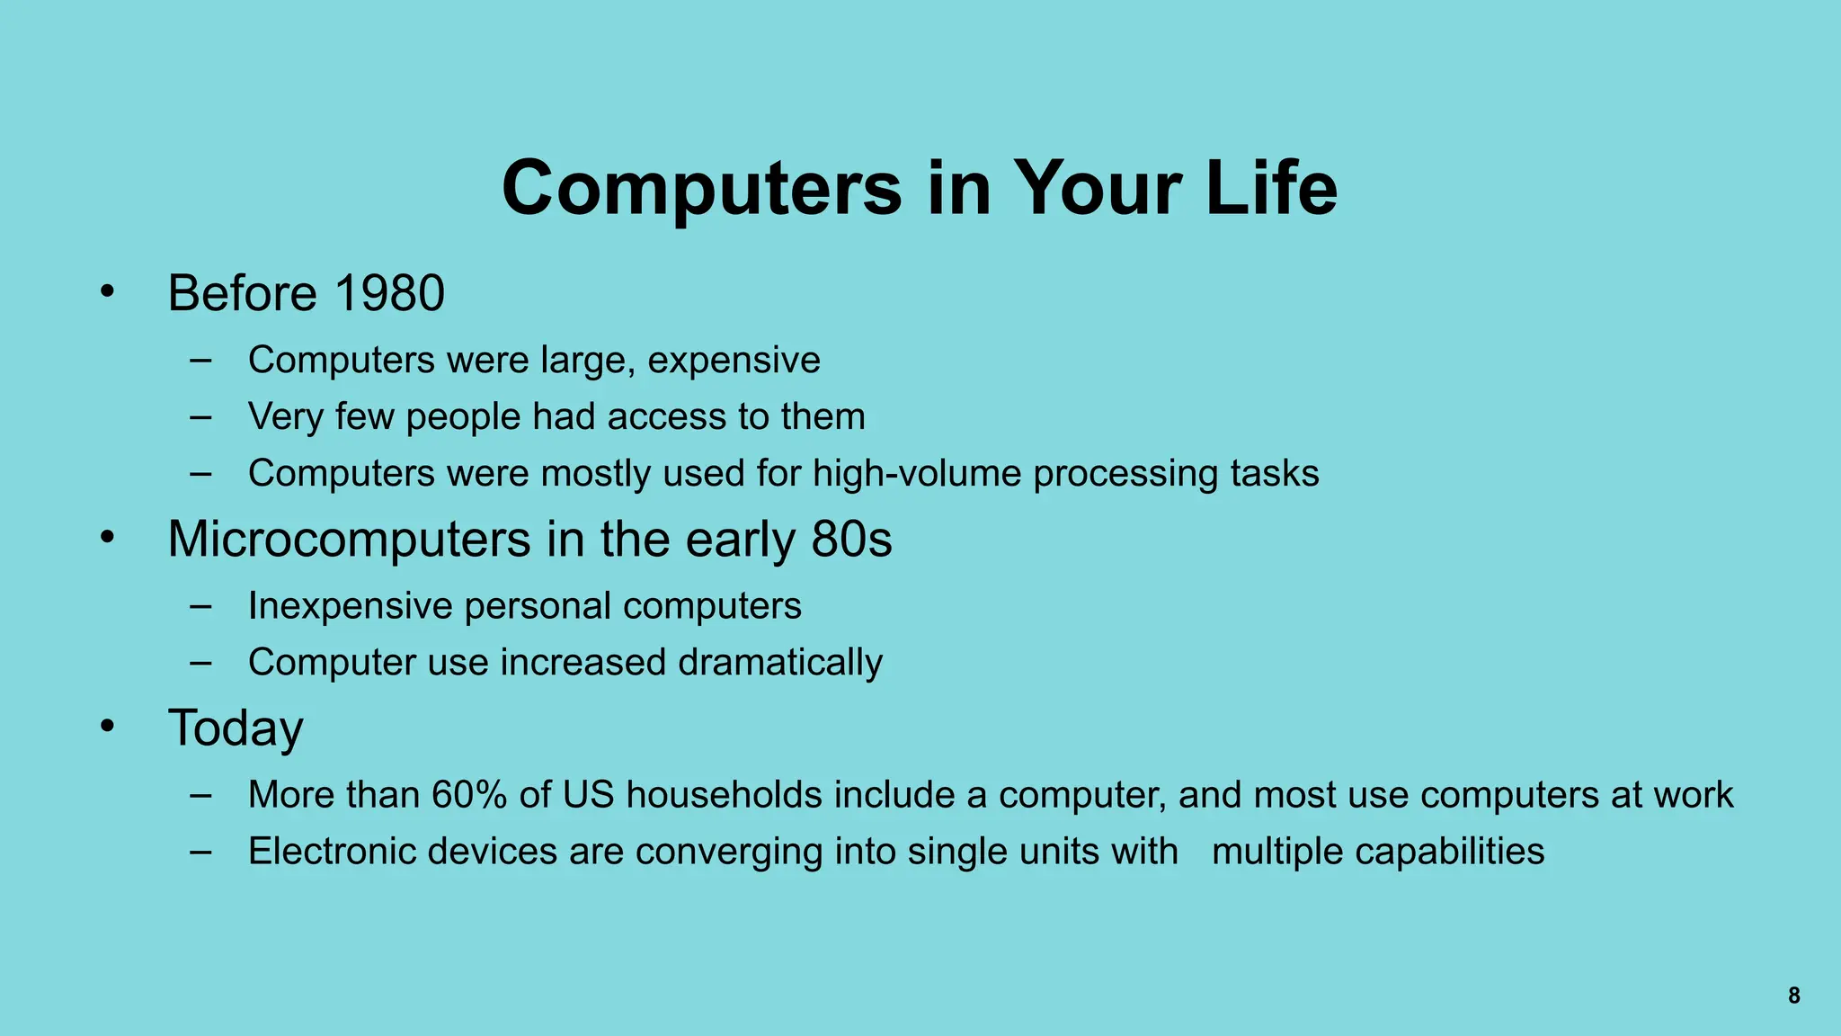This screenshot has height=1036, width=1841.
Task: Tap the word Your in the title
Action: tap(1098, 188)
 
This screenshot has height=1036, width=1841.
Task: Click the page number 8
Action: tap(1793, 996)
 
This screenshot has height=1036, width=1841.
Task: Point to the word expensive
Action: tap(734, 361)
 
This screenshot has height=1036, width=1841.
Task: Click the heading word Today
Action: tap(236, 728)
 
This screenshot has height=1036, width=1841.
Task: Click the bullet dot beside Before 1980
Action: tap(108, 291)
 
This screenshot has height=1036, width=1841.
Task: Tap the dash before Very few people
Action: tap(201, 418)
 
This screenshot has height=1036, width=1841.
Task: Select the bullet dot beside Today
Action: tap(108, 726)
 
